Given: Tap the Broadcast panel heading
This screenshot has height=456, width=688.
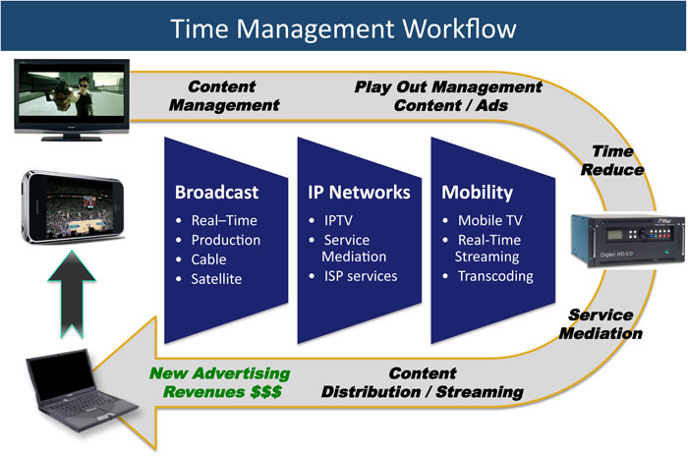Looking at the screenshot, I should [215, 192].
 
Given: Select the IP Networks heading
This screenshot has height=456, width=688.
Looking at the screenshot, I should [354, 192].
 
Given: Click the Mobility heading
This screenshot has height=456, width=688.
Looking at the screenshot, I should [476, 192].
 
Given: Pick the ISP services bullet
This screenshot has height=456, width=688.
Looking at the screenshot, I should [361, 275].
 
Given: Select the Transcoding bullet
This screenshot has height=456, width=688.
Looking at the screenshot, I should [495, 275].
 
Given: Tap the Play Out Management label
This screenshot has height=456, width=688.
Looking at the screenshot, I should [447, 95].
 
